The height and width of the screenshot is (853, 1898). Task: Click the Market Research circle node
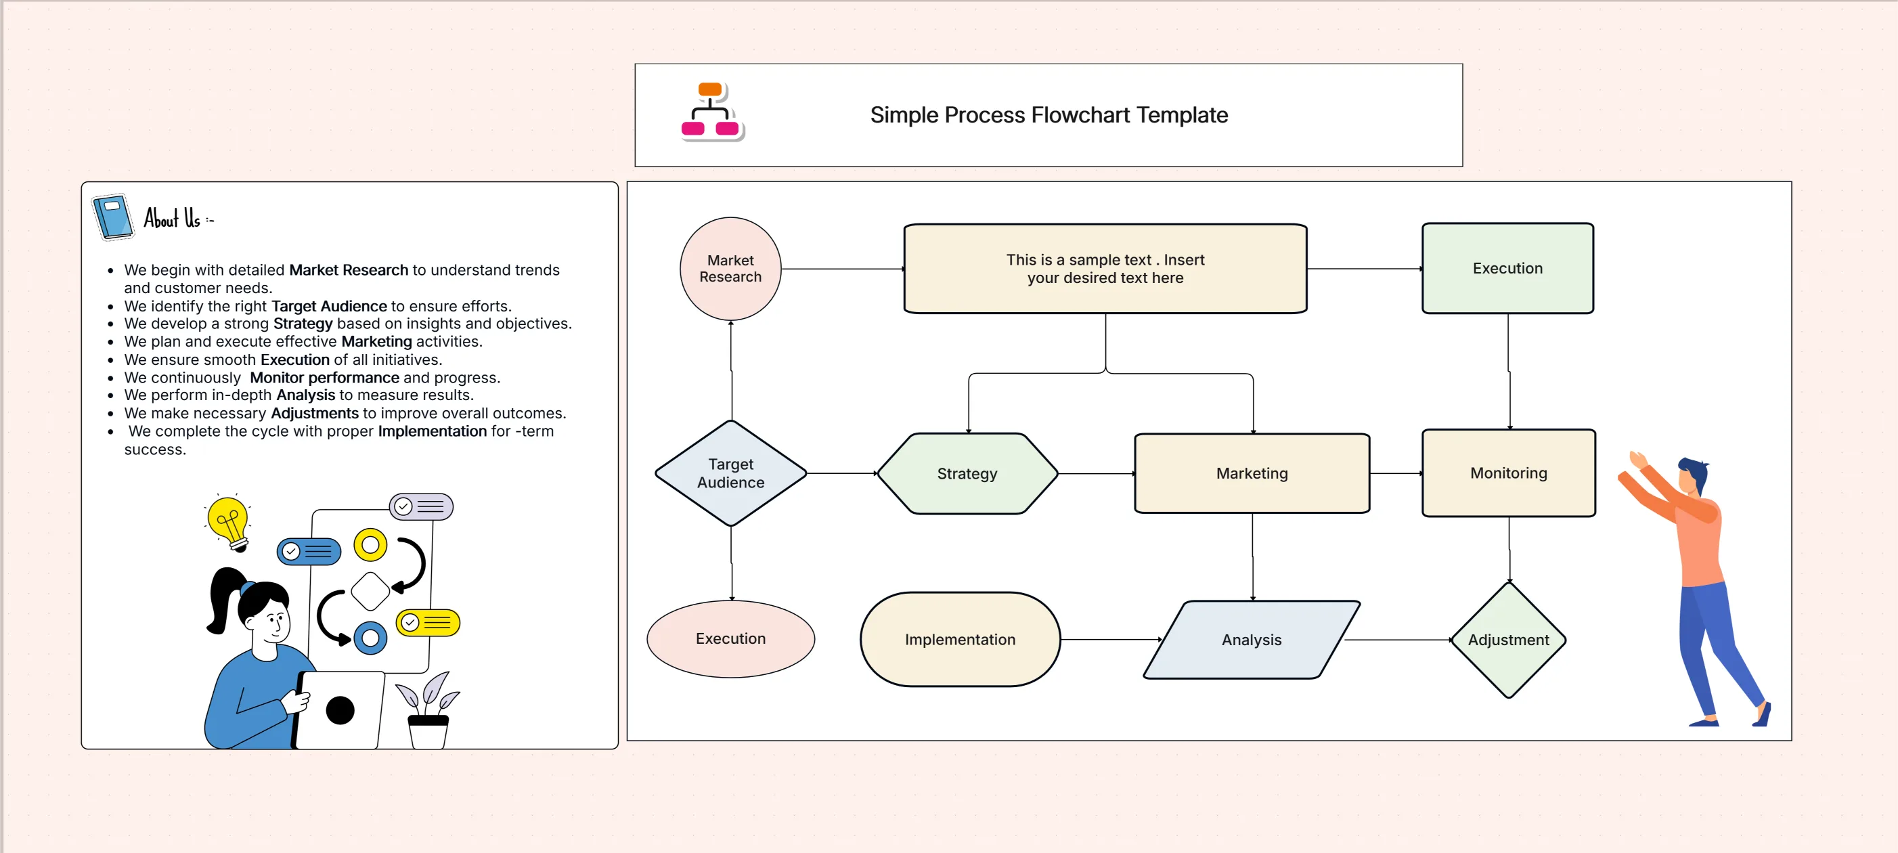tap(730, 269)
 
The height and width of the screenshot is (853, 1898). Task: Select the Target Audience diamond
tap(730, 473)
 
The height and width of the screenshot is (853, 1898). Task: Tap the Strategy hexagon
tap(967, 474)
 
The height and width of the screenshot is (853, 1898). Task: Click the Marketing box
tap(1251, 473)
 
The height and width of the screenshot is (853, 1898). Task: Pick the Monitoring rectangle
tap(1508, 473)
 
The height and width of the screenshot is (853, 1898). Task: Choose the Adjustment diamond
tap(1508, 639)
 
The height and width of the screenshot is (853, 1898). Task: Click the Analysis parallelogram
tap(1251, 639)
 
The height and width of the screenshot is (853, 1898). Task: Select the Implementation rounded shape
tap(959, 639)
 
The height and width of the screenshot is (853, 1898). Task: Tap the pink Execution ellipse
tap(730, 638)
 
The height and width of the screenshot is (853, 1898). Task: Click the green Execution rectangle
tap(1507, 268)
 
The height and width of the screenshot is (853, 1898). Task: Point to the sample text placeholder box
tap(1105, 269)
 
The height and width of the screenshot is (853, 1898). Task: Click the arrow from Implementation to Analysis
tap(1110, 639)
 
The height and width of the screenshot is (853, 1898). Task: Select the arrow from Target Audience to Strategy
tap(841, 473)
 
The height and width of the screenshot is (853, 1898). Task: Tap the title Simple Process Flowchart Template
tap(1049, 115)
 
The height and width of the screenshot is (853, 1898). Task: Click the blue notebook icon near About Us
tap(113, 217)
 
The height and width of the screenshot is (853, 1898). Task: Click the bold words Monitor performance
tap(324, 377)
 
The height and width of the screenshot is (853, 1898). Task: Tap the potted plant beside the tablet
tap(427, 711)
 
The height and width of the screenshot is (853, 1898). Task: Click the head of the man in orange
tap(1692, 476)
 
